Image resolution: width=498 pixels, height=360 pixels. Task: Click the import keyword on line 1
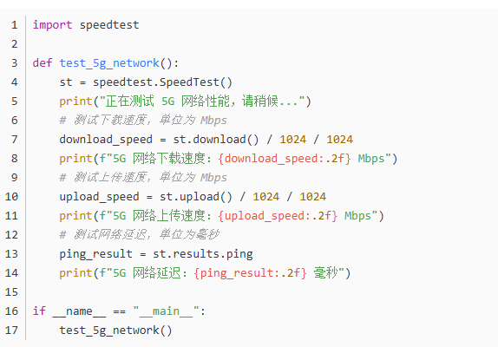coord(52,25)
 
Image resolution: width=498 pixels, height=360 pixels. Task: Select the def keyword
coord(43,62)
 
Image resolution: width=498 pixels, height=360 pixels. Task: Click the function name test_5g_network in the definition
coord(109,63)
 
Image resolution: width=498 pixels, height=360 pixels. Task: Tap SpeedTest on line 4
coord(189,82)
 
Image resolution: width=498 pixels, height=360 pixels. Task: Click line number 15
coord(11,292)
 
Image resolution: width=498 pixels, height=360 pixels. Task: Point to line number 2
coord(15,44)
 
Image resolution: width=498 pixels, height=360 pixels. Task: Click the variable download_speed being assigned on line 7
coord(106,140)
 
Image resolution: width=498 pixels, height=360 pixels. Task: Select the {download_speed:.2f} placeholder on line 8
coord(285,159)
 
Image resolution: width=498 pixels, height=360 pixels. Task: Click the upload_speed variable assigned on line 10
coord(99,197)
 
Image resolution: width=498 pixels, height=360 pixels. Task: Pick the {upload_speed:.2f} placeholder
coord(278,216)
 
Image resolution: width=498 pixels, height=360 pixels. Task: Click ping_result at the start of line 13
coord(96,254)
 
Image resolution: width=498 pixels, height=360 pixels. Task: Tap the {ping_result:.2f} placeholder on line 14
coord(251,273)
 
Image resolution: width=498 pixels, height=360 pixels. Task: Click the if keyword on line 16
coord(39,311)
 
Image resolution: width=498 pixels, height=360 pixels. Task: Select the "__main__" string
coord(166,311)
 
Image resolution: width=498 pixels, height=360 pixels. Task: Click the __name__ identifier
coord(80,311)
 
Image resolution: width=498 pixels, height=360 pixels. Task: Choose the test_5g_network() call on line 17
coord(116,331)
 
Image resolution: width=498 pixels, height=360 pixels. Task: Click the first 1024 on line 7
coord(293,140)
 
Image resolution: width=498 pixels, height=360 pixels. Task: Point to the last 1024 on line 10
coord(313,197)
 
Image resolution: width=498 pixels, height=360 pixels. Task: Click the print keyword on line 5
coord(75,101)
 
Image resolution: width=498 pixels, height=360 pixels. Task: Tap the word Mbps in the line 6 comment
coord(213,121)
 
